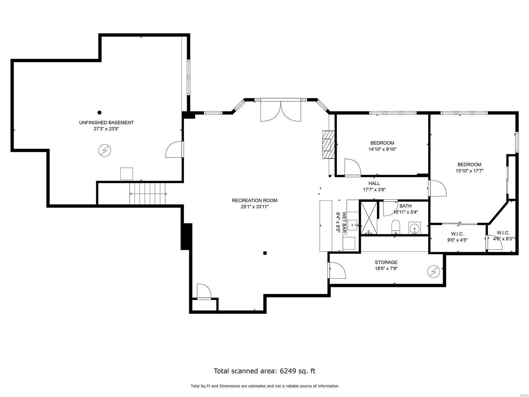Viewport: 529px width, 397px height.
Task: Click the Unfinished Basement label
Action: point(106,122)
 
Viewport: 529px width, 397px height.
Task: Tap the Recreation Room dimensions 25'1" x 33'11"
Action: point(254,207)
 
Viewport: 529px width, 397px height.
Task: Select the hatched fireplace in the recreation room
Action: point(329,145)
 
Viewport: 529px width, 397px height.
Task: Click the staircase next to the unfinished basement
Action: point(147,194)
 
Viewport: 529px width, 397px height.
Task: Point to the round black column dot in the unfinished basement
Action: point(99,112)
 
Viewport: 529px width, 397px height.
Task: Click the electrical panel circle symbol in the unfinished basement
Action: point(105,151)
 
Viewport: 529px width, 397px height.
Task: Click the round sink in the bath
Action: point(415,228)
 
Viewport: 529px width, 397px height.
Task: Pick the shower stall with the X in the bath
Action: point(368,218)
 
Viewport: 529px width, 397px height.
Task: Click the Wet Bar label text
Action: point(344,223)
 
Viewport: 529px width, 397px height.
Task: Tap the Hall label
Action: point(374,183)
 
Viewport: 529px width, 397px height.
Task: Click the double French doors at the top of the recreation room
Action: point(281,111)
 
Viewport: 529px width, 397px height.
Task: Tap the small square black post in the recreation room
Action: point(265,253)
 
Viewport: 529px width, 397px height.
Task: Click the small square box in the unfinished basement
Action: point(126,174)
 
